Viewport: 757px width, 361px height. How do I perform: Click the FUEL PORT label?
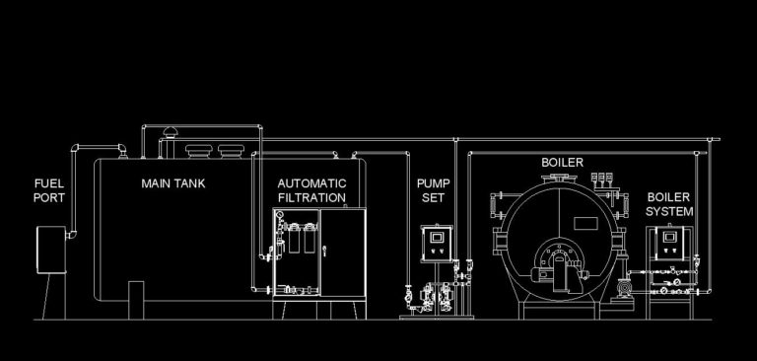49,190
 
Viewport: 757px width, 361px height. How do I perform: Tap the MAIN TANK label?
173,183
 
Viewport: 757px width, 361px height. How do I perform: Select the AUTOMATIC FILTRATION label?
311,190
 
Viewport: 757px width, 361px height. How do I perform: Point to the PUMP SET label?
432,190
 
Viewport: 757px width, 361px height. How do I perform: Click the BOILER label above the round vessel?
562,162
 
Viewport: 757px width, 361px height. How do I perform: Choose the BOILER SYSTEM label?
669,204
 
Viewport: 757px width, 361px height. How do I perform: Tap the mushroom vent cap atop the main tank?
166,132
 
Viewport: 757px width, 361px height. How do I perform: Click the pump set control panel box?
435,242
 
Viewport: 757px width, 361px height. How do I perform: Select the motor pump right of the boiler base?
623,287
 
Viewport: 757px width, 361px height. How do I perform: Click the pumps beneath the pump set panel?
432,293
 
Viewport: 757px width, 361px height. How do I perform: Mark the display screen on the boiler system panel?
672,237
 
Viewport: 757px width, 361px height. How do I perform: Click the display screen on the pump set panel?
435,236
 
